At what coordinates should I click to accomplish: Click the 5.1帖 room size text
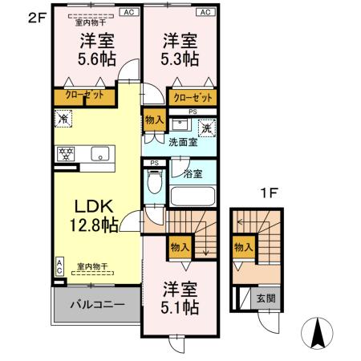click(180, 306)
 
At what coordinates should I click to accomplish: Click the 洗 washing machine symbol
click(205, 127)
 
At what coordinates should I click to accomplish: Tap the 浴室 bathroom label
click(193, 174)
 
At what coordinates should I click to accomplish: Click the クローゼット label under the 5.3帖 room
click(193, 97)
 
